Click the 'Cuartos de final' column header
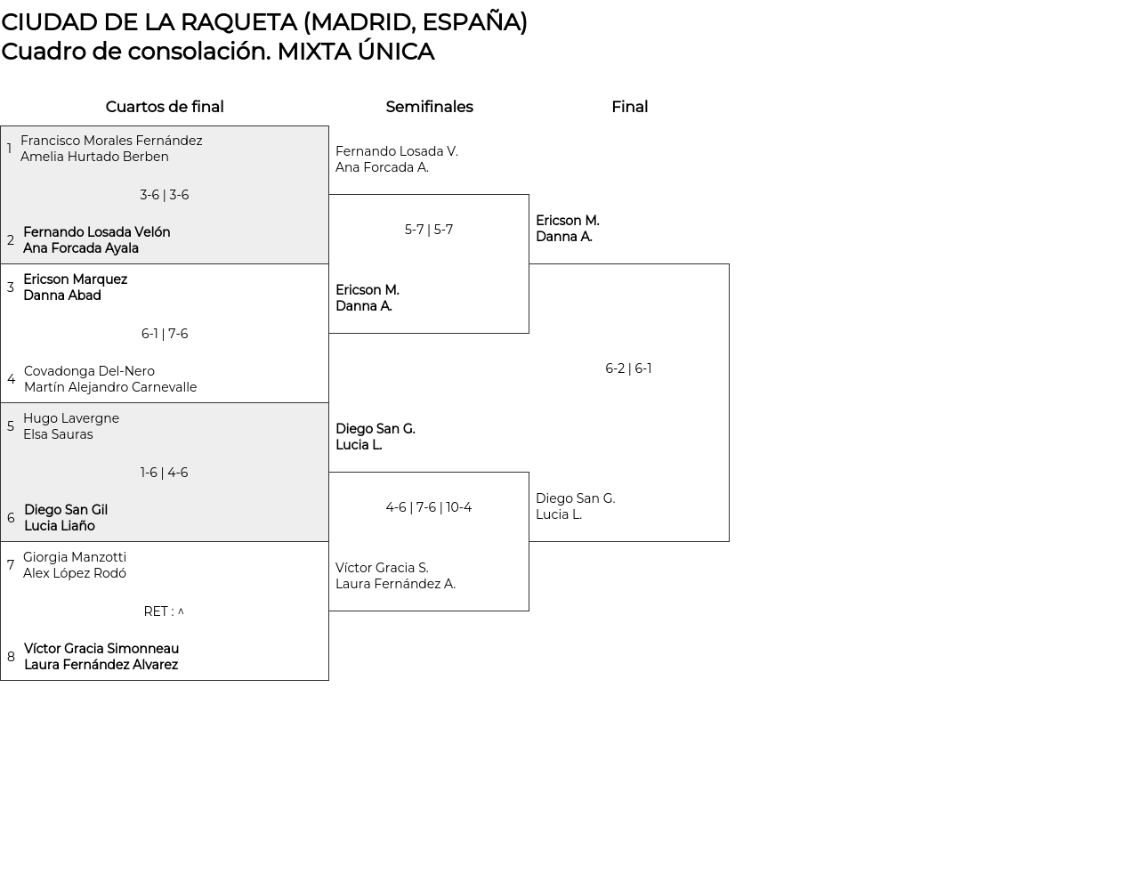pyautogui.click(x=165, y=107)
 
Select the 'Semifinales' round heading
pyautogui.click(x=429, y=107)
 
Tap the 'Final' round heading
pyautogui.click(x=629, y=107)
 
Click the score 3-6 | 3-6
pyautogui.click(x=165, y=195)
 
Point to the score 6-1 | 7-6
pyautogui.click(x=165, y=334)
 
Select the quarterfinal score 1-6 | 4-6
pyautogui.click(x=165, y=473)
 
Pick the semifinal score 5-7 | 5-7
pyautogui.click(x=429, y=230)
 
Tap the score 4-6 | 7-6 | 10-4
pyautogui.click(x=429, y=507)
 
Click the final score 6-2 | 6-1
pyautogui.click(x=628, y=368)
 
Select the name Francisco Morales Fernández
pyautogui.click(x=111, y=141)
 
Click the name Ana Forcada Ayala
pyautogui.click(x=81, y=248)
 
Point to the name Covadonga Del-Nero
pyautogui.click(x=89, y=371)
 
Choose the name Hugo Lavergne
pyautogui.click(x=71, y=418)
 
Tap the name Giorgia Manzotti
pyautogui.click(x=75, y=557)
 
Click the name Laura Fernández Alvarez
pyautogui.click(x=101, y=665)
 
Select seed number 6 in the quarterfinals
pyautogui.click(x=11, y=518)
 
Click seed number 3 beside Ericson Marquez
pyautogui.click(x=11, y=287)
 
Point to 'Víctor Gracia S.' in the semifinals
pyautogui.click(x=382, y=568)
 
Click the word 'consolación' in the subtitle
pyautogui.click(x=198, y=52)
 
